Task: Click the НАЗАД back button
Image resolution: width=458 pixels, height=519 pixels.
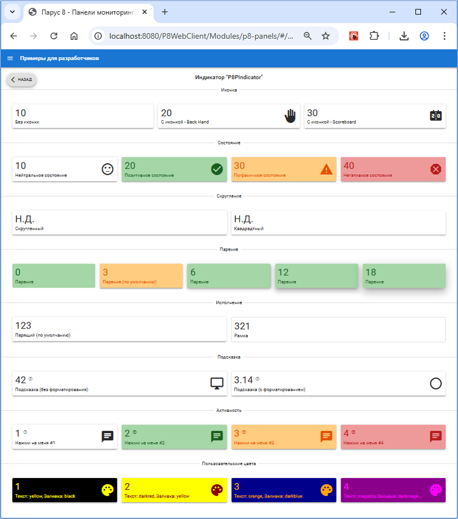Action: pos(22,80)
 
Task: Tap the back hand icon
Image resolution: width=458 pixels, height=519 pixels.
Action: pos(290,116)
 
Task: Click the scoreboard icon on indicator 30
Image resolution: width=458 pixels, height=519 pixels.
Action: pos(436,116)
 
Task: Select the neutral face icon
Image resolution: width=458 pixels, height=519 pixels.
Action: pos(107,169)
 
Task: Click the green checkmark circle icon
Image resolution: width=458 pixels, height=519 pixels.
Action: pos(217,169)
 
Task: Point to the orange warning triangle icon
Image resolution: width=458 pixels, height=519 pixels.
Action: pos(327,169)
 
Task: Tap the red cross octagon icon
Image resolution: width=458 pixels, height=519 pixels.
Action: pos(436,169)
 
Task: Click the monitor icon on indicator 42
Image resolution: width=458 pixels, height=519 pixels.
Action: pos(217,384)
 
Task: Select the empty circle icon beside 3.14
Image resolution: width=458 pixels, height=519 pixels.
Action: pos(436,384)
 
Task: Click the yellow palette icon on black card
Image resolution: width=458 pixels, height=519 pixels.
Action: pos(107,490)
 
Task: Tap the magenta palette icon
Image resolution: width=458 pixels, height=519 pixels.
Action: pos(436,490)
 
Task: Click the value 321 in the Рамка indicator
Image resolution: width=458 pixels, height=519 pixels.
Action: pos(242,326)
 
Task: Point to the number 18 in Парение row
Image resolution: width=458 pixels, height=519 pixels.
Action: pos(371,272)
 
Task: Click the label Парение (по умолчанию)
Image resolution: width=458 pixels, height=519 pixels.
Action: pos(129,282)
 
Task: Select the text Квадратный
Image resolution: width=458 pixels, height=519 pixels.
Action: pos(249,229)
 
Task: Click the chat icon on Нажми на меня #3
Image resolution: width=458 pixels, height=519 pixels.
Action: pos(327,436)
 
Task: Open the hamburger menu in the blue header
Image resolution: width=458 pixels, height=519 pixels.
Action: pos(10,58)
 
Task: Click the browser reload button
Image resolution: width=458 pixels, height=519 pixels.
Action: pos(54,36)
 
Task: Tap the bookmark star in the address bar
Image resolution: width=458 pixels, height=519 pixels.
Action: pos(326,36)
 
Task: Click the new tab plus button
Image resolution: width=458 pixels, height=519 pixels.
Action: pos(165,12)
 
